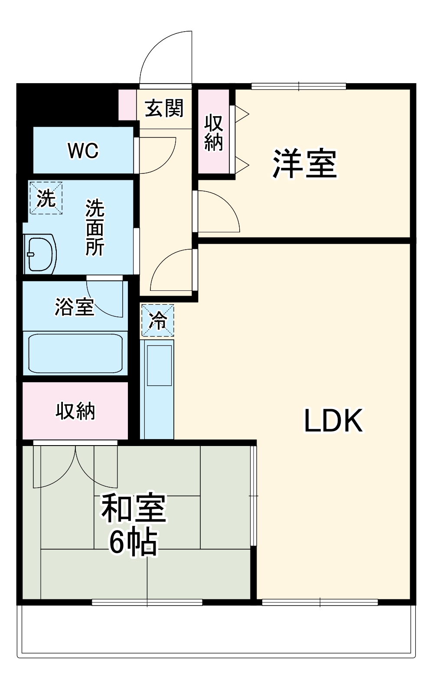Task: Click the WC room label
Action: tap(83, 151)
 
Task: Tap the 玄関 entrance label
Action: tap(164, 108)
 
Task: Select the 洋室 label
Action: tap(305, 164)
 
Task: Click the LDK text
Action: tap(333, 421)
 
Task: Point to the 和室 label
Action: tap(133, 508)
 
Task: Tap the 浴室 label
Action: tap(74, 307)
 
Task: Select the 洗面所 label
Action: tap(94, 227)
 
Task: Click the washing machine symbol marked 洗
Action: tap(46, 198)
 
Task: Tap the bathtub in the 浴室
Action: tap(75, 353)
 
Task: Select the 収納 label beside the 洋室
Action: tap(214, 133)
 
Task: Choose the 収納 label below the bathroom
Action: tap(75, 411)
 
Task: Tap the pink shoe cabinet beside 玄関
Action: tap(127, 104)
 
